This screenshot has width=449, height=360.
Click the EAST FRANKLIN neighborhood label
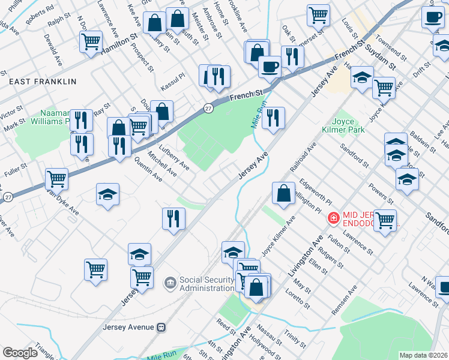[x=43, y=81]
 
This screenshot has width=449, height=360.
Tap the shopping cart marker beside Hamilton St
[x=91, y=42]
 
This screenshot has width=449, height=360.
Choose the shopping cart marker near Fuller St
[x=56, y=178]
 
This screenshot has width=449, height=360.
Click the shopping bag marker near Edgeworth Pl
[x=283, y=193]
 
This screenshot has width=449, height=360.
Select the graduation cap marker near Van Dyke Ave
[x=107, y=194]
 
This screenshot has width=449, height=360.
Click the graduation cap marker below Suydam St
[x=362, y=77]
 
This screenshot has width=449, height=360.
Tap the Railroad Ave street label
[x=303, y=158]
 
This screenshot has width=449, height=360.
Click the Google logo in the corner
[x=20, y=353]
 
